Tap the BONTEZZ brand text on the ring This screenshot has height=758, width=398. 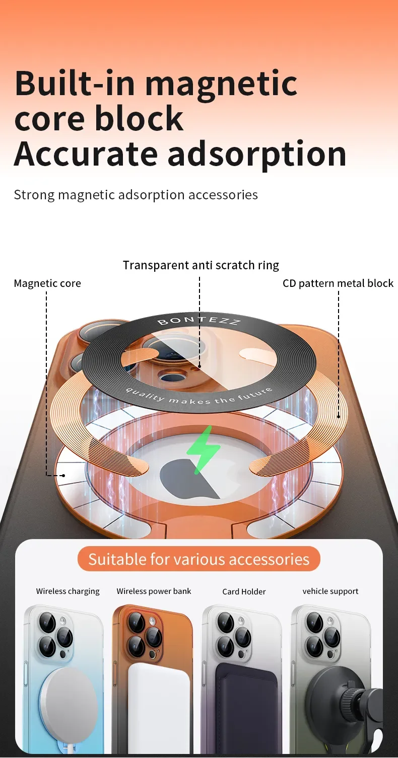point(198,321)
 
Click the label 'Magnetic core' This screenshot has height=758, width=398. point(47,283)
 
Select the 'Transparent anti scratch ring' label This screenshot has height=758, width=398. point(201,265)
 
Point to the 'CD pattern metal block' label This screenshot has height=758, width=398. point(338,283)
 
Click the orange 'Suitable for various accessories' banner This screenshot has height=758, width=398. point(199,559)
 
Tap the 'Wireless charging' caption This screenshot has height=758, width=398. point(68,591)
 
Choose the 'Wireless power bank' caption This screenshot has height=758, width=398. point(154,591)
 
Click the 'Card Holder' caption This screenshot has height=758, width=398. point(244,591)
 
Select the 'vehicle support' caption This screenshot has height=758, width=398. point(330,591)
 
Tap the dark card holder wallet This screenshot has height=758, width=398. point(247,710)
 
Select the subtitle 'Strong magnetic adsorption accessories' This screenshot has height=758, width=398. point(136,195)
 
